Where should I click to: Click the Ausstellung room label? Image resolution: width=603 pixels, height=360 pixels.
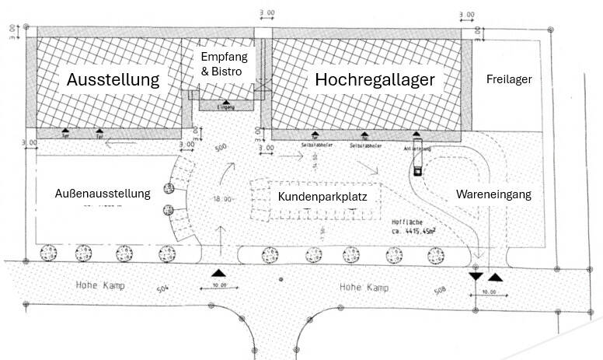pos(113,79)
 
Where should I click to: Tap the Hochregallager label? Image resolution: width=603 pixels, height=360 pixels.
pos(374,80)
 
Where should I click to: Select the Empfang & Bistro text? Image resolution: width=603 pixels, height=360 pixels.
pos(221,65)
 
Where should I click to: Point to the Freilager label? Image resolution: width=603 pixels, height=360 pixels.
pos(508,79)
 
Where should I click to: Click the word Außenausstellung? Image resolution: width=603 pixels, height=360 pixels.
pos(102,193)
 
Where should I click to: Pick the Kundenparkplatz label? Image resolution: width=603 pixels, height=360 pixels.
pos(322,197)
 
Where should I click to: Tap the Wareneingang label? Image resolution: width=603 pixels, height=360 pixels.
pos(493,194)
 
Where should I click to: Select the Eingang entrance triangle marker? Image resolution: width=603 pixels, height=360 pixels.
pos(225,103)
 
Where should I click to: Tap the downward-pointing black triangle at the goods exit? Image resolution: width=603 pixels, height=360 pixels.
pos(475,276)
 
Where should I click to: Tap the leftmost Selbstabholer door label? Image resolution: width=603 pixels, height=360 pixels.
pos(314,143)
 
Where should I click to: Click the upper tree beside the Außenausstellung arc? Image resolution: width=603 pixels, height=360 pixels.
pos(168,189)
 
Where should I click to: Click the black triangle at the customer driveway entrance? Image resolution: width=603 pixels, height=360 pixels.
pos(220,273)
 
